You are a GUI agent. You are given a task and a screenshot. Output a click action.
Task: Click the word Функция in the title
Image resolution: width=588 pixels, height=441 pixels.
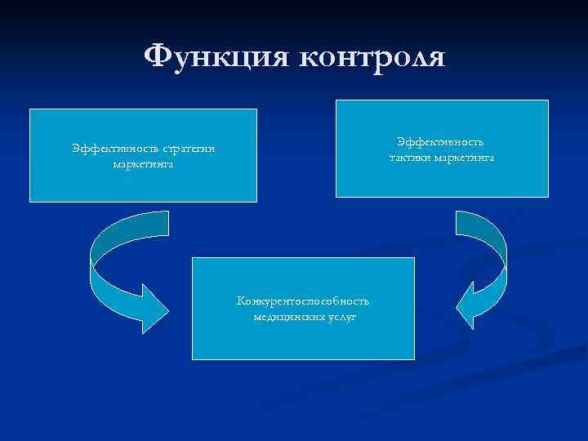[x=215, y=57]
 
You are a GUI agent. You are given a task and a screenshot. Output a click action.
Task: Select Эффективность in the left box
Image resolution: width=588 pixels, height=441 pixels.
[x=114, y=149]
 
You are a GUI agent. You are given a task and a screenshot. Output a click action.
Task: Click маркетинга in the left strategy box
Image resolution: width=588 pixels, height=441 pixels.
[x=143, y=163]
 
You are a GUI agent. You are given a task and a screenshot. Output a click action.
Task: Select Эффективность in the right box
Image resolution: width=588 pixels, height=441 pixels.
[x=441, y=142]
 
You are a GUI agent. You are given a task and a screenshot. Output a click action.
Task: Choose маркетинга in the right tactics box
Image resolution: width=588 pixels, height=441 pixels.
[x=464, y=157]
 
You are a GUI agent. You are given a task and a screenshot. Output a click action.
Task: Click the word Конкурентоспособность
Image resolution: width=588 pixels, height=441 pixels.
[x=303, y=301]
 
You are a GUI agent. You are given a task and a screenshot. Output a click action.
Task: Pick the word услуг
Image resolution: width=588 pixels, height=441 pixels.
[x=343, y=317]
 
